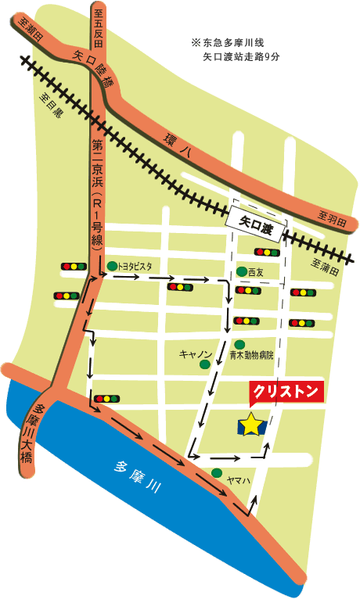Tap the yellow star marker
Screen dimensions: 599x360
[x=250, y=425]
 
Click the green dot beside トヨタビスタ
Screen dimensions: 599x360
[x=112, y=266]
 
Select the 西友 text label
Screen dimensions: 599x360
[x=256, y=272]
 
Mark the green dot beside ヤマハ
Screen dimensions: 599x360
[x=216, y=472]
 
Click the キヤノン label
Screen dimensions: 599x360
[x=195, y=354]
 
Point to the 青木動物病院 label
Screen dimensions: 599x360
[x=252, y=357]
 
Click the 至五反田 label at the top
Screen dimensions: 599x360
[x=98, y=23]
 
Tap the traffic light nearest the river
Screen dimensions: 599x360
[x=102, y=398]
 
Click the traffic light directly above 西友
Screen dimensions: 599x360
[x=266, y=252]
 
